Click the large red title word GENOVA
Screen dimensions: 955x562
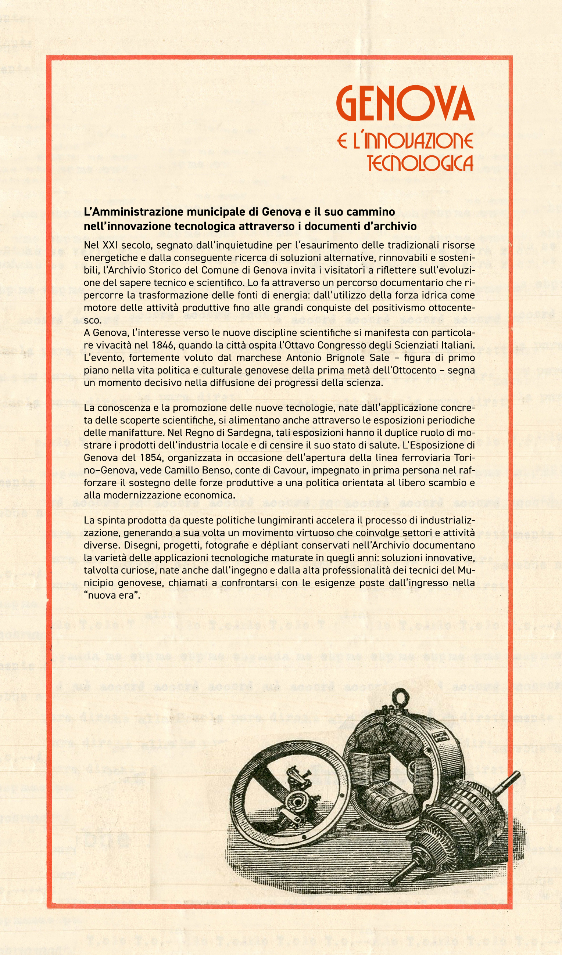[x=405, y=104]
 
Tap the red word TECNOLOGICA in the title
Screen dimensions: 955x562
[x=420, y=163]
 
